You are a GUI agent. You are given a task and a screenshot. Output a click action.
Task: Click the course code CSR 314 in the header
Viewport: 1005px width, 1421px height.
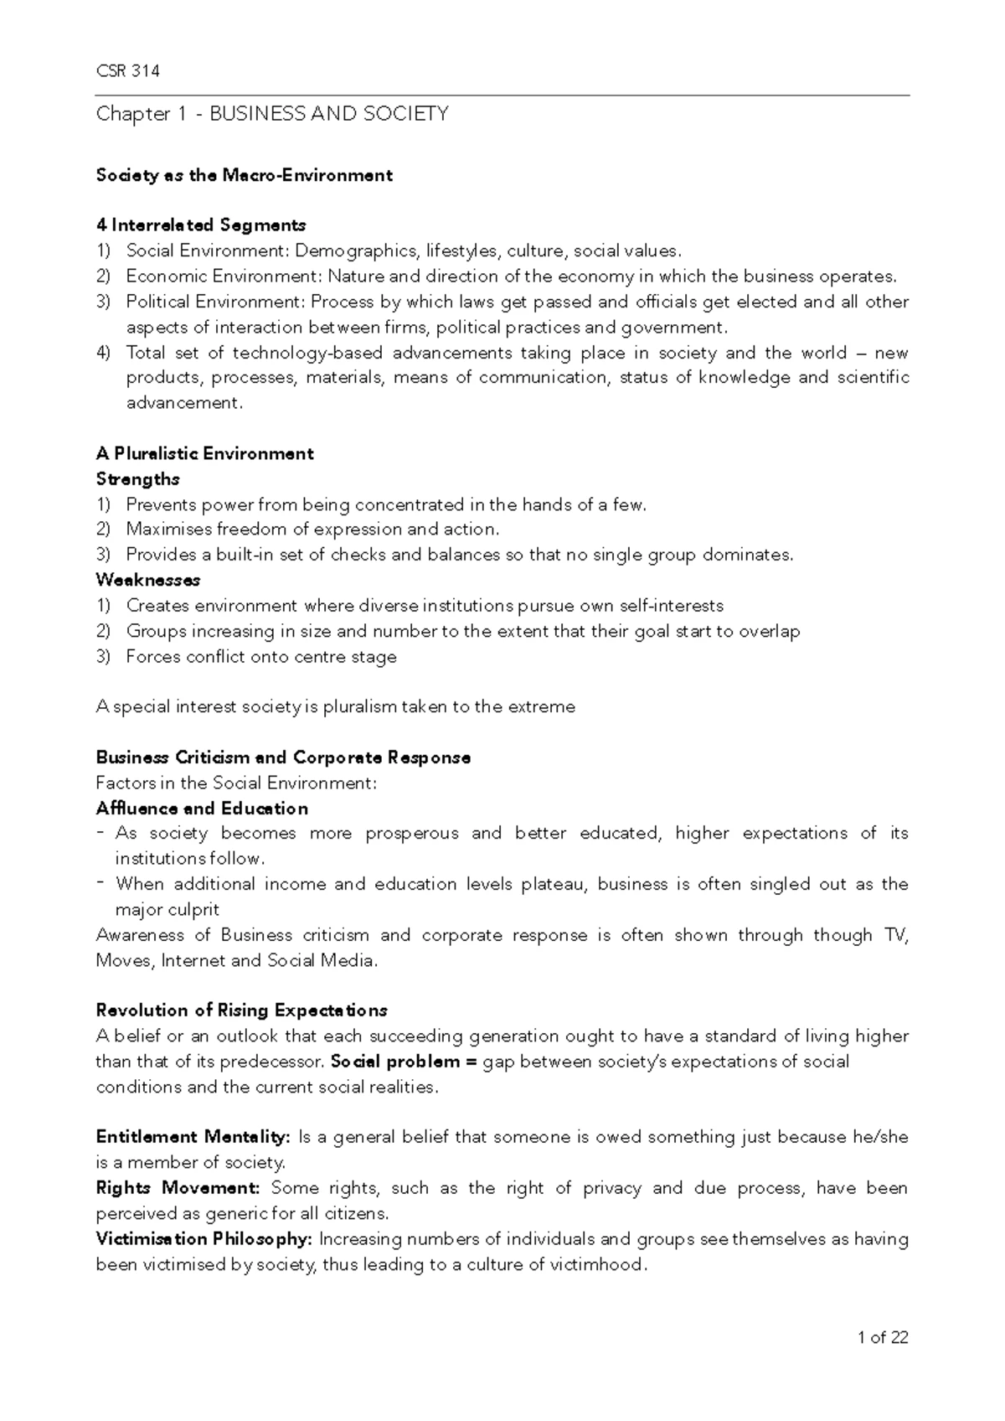(x=127, y=71)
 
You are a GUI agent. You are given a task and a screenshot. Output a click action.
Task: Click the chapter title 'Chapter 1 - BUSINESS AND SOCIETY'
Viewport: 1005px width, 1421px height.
(x=272, y=114)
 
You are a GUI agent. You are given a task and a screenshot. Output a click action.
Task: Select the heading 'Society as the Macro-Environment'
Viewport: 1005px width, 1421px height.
(x=244, y=175)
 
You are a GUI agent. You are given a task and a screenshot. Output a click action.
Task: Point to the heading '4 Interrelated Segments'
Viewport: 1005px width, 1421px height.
(x=201, y=225)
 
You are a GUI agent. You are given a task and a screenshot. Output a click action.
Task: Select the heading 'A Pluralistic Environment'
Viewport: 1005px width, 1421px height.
(x=204, y=454)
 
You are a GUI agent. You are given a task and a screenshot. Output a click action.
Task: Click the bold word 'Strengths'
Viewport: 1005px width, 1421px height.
(x=138, y=479)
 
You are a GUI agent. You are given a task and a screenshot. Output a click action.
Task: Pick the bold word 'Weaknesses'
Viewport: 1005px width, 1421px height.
(x=148, y=580)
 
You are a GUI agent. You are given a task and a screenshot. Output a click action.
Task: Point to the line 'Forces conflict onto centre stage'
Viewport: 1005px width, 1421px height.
(x=260, y=657)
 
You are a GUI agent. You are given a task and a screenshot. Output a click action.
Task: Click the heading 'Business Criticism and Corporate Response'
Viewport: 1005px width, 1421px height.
(x=283, y=757)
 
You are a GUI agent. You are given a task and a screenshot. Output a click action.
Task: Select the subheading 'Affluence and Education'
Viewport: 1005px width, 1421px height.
(x=202, y=809)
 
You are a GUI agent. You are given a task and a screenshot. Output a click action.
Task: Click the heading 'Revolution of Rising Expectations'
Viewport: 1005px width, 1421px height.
(x=241, y=1010)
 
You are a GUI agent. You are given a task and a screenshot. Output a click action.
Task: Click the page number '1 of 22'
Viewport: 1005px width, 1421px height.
(x=883, y=1338)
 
